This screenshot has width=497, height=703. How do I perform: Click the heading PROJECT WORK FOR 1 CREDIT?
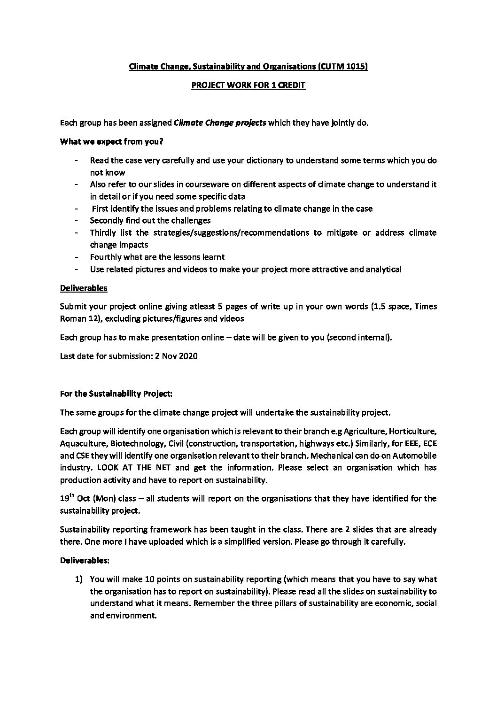point(248,86)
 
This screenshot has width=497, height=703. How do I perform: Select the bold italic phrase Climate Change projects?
point(220,123)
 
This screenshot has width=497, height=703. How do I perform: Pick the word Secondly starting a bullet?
point(105,220)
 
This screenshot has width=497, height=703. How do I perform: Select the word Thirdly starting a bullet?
point(102,232)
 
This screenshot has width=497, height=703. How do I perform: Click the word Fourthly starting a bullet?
point(105,257)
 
